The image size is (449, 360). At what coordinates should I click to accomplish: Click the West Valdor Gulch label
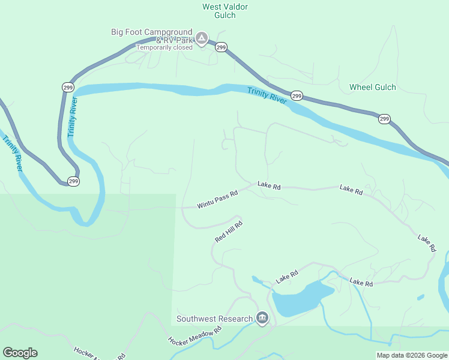pos(225,11)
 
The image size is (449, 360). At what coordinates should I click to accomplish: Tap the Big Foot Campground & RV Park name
pos(152,35)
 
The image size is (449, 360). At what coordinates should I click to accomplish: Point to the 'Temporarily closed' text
pos(164,47)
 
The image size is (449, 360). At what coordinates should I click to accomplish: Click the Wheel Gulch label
pos(373,87)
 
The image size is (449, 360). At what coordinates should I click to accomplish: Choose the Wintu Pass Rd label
pos(217,200)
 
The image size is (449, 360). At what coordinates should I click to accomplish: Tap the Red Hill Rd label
pos(228,232)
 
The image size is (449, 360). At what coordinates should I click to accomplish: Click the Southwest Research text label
pos(214,319)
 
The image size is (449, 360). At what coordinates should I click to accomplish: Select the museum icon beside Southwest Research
pos(262,317)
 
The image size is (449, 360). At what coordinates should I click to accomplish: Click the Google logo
pos(20,353)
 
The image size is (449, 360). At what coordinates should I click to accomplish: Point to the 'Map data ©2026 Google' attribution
pos(411,355)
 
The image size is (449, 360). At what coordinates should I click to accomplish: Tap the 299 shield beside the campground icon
pos(221,47)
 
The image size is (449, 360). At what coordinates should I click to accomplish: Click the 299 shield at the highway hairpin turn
pos(73,181)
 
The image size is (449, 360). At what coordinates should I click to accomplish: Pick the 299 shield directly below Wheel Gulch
pos(384,119)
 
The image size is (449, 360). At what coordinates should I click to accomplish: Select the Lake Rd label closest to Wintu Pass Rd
pos(269,186)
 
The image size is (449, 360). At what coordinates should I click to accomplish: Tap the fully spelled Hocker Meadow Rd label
pos(194,336)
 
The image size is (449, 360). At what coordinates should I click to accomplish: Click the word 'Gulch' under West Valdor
pos(225,16)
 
